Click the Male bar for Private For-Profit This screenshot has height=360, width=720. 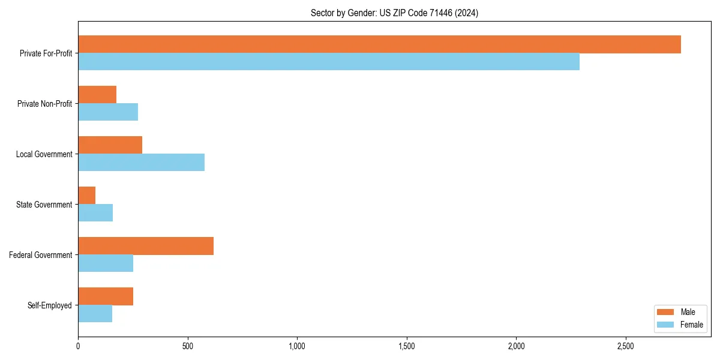click(x=379, y=44)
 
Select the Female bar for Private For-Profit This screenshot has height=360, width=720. click(x=329, y=62)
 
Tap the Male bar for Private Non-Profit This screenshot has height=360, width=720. click(x=97, y=95)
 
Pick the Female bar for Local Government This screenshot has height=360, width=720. click(x=141, y=163)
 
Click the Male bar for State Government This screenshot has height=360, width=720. click(x=87, y=196)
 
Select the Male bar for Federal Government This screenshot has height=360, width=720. click(x=146, y=246)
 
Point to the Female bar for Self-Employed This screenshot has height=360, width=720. click(x=95, y=314)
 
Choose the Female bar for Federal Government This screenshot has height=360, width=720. click(x=106, y=263)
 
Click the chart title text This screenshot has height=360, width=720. click(x=394, y=13)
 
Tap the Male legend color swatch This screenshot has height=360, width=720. click(x=666, y=312)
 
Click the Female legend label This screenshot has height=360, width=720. click(x=691, y=325)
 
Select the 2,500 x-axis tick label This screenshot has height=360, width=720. click(x=626, y=346)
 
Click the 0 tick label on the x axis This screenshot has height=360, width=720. click(x=78, y=346)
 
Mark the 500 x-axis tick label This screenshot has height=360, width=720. click(x=188, y=346)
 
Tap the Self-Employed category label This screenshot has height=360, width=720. click(x=49, y=305)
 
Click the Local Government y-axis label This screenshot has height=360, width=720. click(x=44, y=154)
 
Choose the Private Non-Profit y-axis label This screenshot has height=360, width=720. click(x=44, y=104)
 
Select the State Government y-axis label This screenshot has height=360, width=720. click(x=44, y=205)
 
